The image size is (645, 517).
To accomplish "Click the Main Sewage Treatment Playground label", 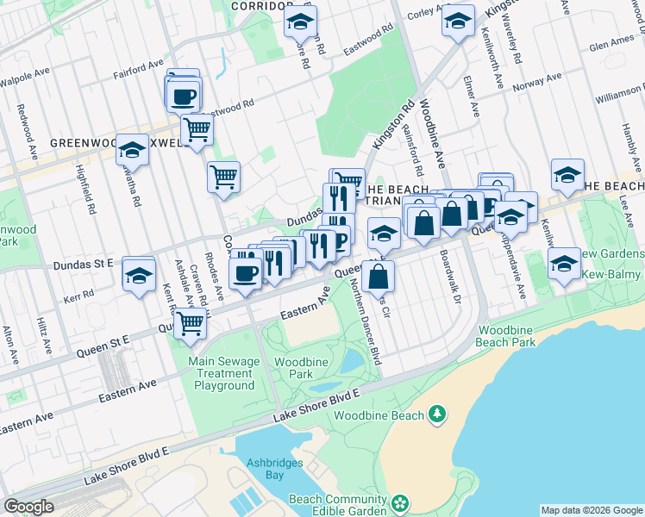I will point(223,373).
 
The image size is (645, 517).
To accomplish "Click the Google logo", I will point(29,507).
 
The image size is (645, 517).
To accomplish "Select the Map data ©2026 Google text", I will point(592,510).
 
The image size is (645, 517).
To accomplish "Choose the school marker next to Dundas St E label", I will point(138,275).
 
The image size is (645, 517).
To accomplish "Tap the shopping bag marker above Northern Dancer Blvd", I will point(379,277).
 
